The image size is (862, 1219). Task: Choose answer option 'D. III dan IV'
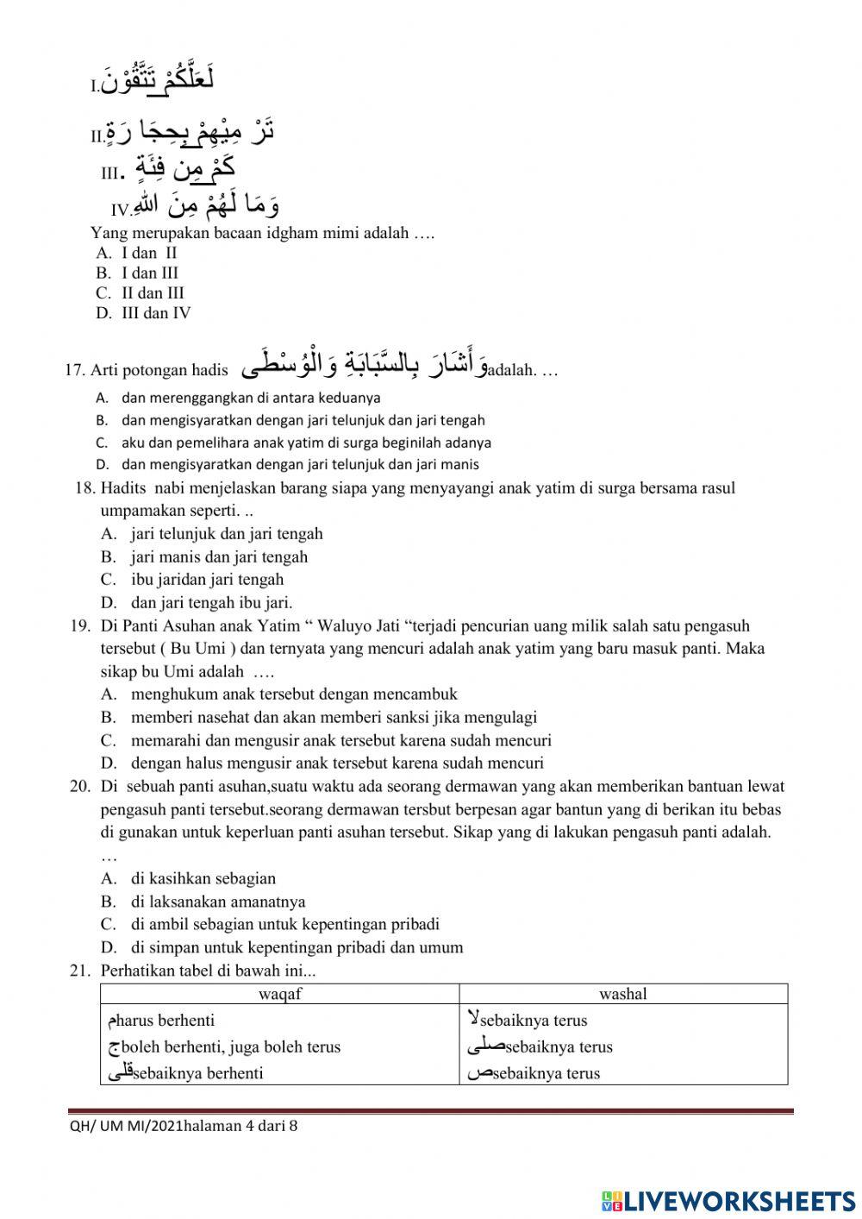coord(143,313)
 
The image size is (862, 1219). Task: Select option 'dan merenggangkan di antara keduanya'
coord(250,398)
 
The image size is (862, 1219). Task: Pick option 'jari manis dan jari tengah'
coord(219,556)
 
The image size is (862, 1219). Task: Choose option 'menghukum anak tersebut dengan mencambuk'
coord(293,694)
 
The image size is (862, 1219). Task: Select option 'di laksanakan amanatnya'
coord(218,902)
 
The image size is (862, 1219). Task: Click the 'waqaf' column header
coord(279,994)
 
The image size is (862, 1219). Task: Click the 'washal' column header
coord(622,994)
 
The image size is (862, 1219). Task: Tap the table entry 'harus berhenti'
coord(165,1021)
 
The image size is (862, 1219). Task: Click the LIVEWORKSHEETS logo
coord(728,1199)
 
